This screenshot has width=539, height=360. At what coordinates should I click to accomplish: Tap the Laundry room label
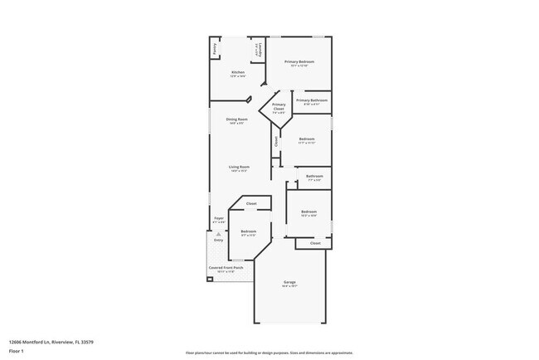(259, 49)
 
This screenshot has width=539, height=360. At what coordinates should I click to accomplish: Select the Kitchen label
(238, 73)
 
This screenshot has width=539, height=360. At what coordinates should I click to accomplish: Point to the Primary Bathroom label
(311, 100)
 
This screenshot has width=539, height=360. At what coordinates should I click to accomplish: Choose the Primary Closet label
(279, 105)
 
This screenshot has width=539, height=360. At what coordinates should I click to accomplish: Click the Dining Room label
(237, 119)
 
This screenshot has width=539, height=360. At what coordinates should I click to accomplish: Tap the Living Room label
(240, 168)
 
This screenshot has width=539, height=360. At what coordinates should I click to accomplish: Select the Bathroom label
(314, 176)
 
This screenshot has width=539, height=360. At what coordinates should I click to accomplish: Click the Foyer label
(219, 218)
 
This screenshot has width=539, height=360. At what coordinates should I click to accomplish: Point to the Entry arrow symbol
(218, 235)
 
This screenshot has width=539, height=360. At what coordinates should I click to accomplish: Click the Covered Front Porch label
(226, 268)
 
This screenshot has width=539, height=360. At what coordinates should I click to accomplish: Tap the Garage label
(290, 283)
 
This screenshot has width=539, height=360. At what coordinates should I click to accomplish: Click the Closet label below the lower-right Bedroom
(315, 243)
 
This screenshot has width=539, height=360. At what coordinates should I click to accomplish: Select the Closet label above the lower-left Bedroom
(250, 203)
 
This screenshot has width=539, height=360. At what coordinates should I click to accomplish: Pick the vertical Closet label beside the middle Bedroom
(276, 141)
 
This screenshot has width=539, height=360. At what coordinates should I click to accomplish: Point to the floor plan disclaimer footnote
(269, 353)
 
